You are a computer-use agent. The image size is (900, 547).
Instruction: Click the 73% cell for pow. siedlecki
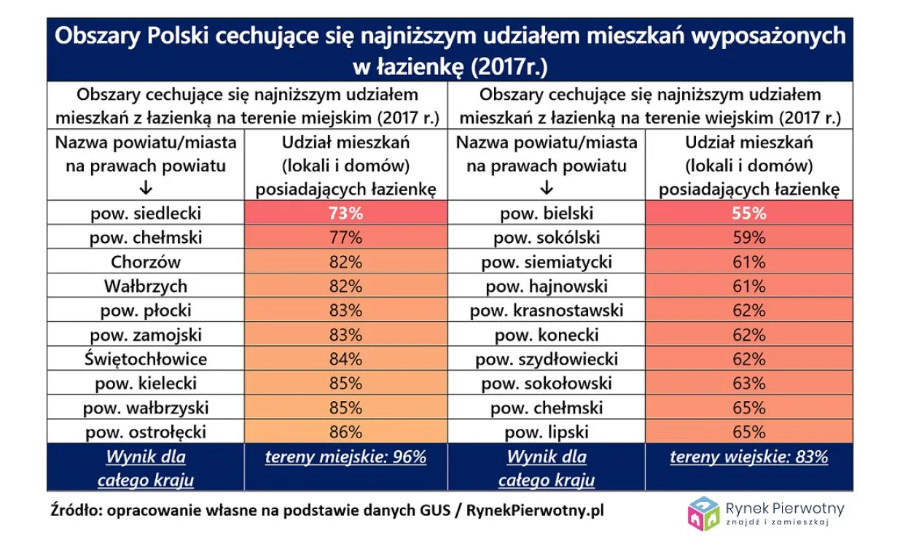point(345,213)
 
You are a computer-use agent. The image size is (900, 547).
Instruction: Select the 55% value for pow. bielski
point(749,213)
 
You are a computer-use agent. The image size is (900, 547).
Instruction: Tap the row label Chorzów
point(146,262)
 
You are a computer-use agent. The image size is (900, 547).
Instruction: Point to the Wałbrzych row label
point(146,286)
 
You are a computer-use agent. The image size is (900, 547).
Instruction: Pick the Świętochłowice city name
point(146,359)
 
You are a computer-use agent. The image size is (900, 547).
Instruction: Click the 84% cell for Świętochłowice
point(345,359)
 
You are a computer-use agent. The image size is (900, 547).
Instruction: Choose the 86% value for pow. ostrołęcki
point(345,432)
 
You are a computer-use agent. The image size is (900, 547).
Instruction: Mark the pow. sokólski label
point(547,238)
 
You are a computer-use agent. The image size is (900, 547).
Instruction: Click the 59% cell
point(749,238)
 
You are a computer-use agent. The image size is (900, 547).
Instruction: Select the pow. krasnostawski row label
point(547,311)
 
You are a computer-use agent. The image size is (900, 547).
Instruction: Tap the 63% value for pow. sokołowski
point(749,384)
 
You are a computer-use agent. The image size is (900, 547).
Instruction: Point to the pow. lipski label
point(547,432)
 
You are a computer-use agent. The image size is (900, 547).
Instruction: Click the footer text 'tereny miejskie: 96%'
point(345,457)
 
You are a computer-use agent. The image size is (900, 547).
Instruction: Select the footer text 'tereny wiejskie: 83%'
point(749,457)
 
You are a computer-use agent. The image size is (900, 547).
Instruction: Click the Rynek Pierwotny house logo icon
point(703,512)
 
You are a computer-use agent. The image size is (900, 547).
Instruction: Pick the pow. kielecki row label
point(146,384)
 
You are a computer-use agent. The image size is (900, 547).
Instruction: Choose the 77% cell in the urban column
point(345,238)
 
